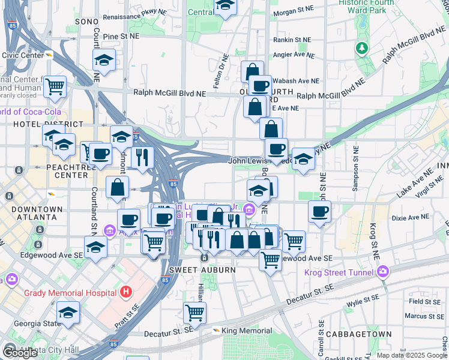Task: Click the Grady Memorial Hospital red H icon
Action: [125, 292]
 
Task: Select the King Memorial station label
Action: [247, 331]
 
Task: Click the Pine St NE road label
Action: [121, 37]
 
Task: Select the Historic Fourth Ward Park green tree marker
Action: [361, 47]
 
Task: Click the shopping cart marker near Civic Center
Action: [55, 86]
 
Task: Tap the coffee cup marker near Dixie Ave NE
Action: [320, 211]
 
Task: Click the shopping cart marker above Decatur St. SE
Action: [194, 312]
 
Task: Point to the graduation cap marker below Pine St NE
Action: [104, 59]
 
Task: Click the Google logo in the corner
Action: [19, 353]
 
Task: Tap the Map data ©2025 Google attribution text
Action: [412, 355]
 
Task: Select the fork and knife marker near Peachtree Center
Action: [142, 157]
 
